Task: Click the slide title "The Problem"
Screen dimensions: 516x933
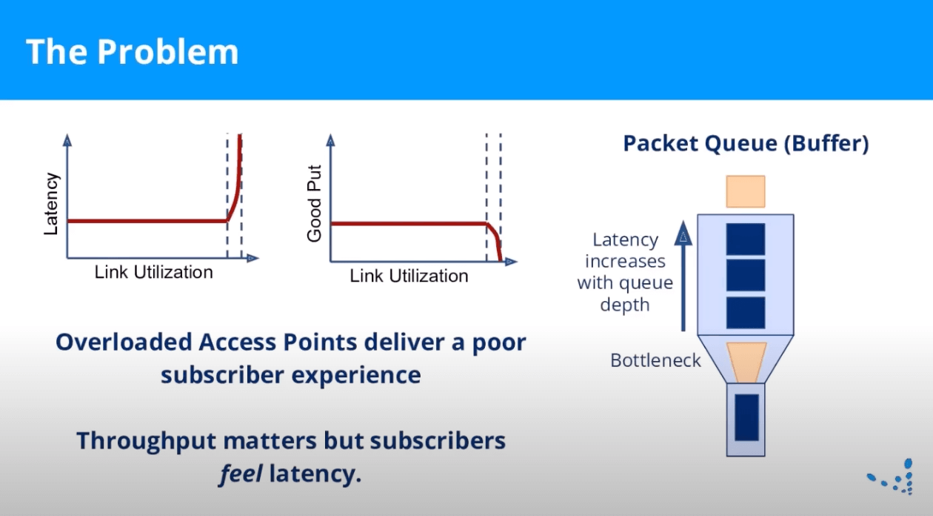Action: coord(132,52)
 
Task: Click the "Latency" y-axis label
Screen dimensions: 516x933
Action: coord(50,204)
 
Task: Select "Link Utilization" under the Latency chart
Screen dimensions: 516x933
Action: coord(153,272)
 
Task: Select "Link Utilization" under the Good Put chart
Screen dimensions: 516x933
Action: coord(409,276)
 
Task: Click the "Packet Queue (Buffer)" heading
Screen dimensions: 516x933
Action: coord(745,143)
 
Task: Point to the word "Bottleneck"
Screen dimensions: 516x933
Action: coord(655,361)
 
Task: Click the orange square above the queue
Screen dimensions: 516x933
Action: coord(745,191)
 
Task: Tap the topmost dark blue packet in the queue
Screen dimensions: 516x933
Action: coord(745,239)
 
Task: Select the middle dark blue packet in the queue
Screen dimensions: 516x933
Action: coord(745,275)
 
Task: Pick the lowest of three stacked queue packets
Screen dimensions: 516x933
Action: coord(745,312)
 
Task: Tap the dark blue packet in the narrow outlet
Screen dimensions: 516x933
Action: coord(746,417)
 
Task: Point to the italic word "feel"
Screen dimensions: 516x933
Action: coord(241,473)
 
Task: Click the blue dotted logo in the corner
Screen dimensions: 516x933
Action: coord(897,477)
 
